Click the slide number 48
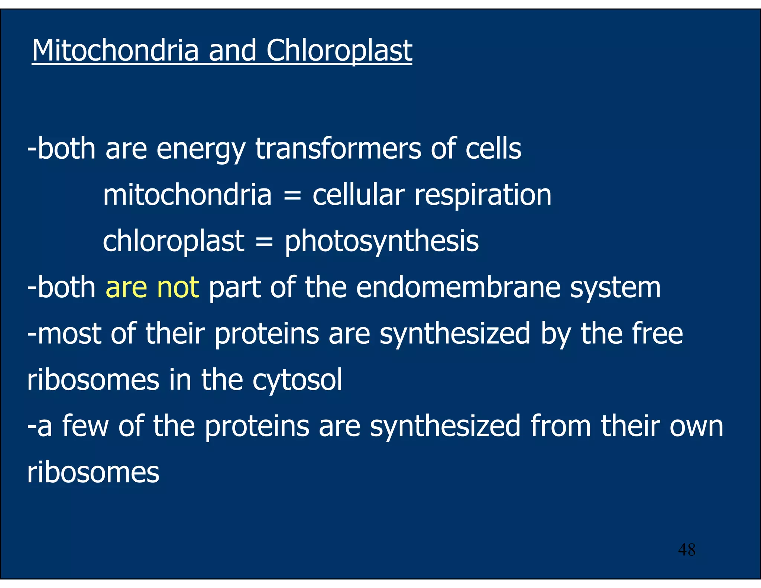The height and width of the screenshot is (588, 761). [x=686, y=550]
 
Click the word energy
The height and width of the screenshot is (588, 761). [x=201, y=149]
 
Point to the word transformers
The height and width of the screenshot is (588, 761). [x=338, y=149]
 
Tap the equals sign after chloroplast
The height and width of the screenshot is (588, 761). [x=264, y=242]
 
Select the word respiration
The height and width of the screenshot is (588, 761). [x=483, y=195]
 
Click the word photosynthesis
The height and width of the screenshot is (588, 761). [x=382, y=242]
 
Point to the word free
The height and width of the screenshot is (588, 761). [x=657, y=333]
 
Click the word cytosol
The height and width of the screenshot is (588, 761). [x=297, y=380]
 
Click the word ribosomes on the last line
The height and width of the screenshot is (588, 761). [x=93, y=472]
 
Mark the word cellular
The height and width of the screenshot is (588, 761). [x=358, y=195]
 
